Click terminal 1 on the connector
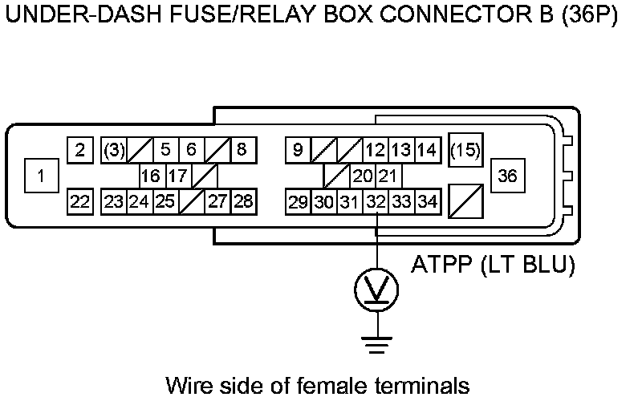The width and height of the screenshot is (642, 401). [x=41, y=176]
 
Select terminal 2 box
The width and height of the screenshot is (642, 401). [x=79, y=150]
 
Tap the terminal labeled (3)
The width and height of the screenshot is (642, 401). [x=114, y=150]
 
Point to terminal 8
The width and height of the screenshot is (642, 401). [x=242, y=150]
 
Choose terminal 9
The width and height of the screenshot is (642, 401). [x=298, y=150]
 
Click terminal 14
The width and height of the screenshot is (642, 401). [x=428, y=150]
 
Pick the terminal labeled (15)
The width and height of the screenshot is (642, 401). [x=465, y=150]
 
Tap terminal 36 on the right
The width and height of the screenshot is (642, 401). [x=508, y=176]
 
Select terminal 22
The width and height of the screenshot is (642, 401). [x=79, y=202]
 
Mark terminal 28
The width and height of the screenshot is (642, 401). [x=242, y=202]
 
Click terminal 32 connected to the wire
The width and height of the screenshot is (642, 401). [x=376, y=202]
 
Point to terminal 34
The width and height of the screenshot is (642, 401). [x=428, y=202]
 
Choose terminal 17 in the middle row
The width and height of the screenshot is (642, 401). [x=178, y=176]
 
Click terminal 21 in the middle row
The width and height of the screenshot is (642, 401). [x=388, y=176]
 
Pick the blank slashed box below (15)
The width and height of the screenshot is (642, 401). [x=465, y=202]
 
